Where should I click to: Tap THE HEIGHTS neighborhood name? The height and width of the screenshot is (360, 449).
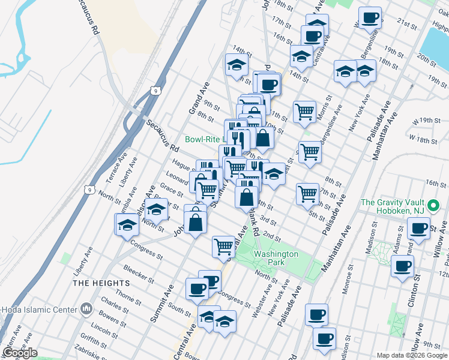point(101,283)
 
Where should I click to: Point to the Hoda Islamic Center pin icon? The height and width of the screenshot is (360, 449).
point(86,309)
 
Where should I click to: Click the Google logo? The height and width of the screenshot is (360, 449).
point(19,353)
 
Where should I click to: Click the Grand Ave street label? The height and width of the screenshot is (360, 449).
point(197,99)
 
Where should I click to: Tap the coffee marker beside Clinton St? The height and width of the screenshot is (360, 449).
point(402,266)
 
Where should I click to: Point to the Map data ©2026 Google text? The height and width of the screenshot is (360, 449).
point(411,355)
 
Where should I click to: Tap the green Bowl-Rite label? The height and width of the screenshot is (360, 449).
point(204,139)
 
